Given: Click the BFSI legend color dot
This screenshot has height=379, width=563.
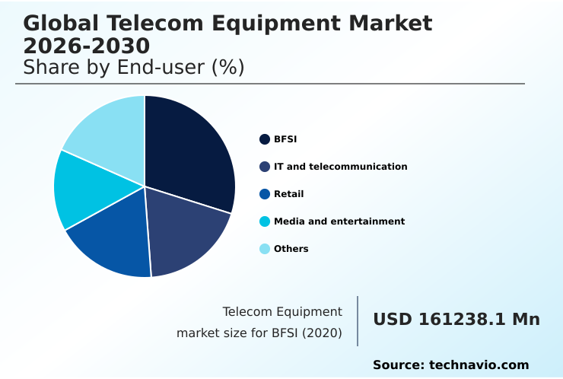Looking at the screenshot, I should click(x=265, y=139).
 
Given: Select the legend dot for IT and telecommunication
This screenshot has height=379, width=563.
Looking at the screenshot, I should click(x=265, y=167).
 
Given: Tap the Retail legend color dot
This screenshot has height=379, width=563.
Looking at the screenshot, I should click(x=265, y=194).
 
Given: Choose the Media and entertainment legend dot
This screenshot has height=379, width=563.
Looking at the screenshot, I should click(x=265, y=221).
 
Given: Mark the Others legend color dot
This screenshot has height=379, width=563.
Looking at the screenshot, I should click(x=265, y=249).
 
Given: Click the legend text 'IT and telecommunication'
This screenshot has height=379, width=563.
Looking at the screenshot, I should click(x=340, y=167).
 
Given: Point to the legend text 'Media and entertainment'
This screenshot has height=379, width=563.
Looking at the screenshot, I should click(x=339, y=221).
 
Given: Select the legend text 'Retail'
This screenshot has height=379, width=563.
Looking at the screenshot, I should click(x=288, y=194).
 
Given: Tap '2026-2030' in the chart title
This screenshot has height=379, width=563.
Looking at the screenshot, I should click(x=86, y=47).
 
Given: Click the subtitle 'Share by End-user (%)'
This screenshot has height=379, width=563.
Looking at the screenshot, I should click(x=134, y=68).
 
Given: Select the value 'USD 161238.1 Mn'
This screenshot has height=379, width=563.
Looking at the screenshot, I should click(x=456, y=320).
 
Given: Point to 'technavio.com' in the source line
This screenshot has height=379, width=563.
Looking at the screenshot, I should click(x=479, y=365).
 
